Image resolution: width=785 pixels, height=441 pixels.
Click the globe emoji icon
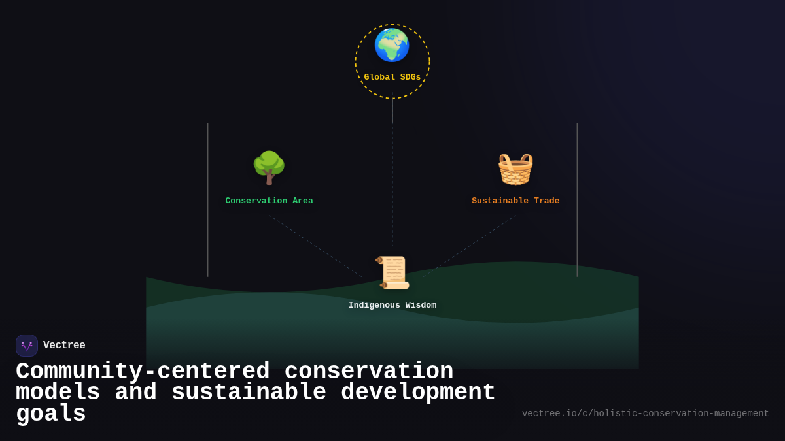point(392,45)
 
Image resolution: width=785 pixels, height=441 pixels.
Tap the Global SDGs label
point(392,77)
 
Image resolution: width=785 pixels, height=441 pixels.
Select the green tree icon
point(269,168)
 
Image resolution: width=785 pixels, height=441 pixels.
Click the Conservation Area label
point(269,201)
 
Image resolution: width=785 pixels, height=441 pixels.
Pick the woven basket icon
point(515,169)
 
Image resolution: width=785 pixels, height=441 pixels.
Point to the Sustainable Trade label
point(515,201)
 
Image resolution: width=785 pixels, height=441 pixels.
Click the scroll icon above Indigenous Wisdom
point(392,272)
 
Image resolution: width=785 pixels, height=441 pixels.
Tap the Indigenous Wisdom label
point(392,305)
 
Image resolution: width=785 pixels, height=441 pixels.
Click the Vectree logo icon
point(27,346)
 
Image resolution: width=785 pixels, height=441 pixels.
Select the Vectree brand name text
point(64,345)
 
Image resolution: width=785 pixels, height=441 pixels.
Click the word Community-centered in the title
point(143,372)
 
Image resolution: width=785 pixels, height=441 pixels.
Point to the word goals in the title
point(51,414)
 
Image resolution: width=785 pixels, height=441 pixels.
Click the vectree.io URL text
point(645,414)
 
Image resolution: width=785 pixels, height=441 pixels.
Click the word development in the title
point(418,393)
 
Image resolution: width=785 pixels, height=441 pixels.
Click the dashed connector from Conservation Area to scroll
point(315,246)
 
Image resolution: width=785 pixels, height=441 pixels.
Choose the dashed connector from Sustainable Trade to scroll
point(470,246)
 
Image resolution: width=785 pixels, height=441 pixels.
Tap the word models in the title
point(58,393)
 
